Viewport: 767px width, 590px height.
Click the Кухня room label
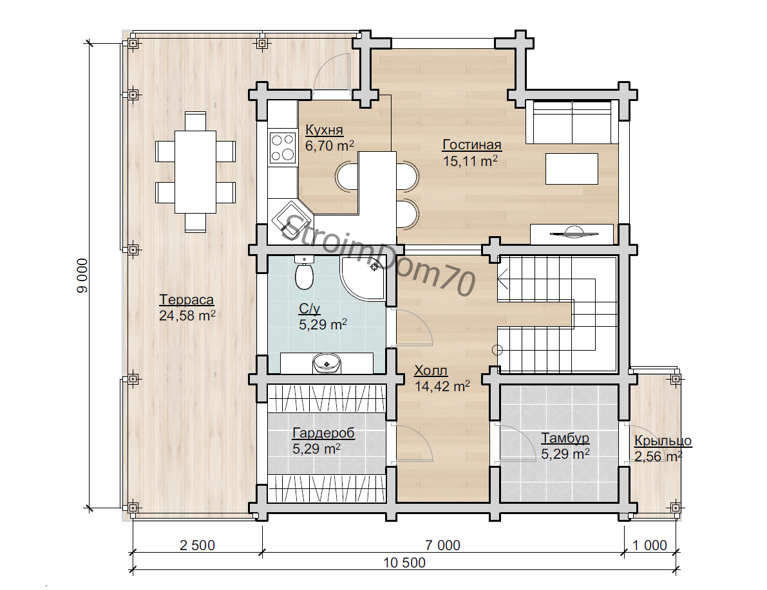(x=325, y=130)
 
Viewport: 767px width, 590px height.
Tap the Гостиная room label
(x=472, y=145)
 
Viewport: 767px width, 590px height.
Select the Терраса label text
(x=187, y=300)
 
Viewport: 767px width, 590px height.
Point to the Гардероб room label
(x=323, y=433)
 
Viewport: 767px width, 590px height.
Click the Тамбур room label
(x=565, y=438)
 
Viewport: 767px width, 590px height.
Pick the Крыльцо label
(x=663, y=441)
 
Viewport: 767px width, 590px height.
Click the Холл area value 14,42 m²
(x=442, y=386)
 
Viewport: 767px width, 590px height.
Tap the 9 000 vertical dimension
(x=82, y=276)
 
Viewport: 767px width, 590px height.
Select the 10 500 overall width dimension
(x=404, y=562)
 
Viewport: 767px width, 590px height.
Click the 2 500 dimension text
(x=197, y=545)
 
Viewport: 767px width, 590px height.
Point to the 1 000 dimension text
(x=650, y=545)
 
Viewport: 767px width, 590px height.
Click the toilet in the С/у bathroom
(x=304, y=273)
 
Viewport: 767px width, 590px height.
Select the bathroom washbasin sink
(x=327, y=363)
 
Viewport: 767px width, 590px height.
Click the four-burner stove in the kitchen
(x=283, y=147)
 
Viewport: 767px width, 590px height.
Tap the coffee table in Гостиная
(x=572, y=169)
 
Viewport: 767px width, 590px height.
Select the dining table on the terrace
(x=196, y=172)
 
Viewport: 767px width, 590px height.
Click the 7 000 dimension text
(x=442, y=545)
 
